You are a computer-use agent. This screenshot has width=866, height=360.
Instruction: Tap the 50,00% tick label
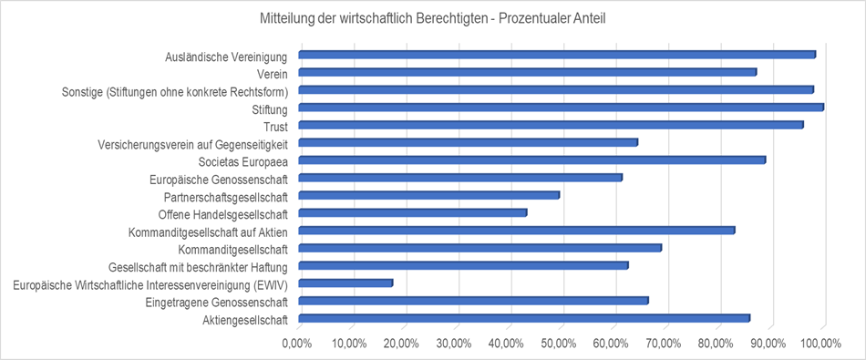pos(558,344)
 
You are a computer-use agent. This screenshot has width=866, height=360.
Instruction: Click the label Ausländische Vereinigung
pos(226,57)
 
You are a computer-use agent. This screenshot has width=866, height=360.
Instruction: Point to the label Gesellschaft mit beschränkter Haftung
pos(198,266)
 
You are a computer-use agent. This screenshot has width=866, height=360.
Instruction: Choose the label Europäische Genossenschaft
pos(218,179)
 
